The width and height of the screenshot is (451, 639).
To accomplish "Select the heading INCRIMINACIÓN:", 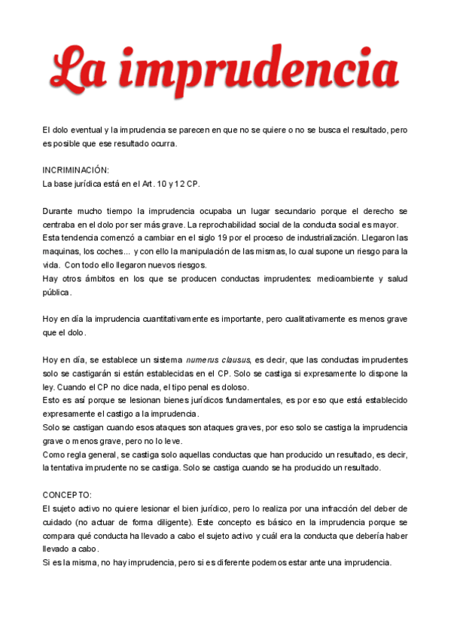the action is (75, 170).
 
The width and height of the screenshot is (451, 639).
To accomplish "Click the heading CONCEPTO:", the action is (67, 494).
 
